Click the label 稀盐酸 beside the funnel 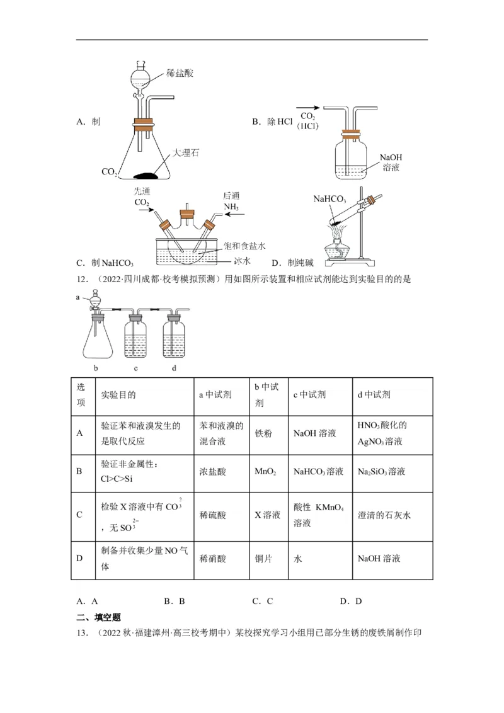point(180,73)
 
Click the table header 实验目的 point(118,395)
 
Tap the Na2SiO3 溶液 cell point(381,471)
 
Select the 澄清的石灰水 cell point(384,515)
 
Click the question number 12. point(82,279)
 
